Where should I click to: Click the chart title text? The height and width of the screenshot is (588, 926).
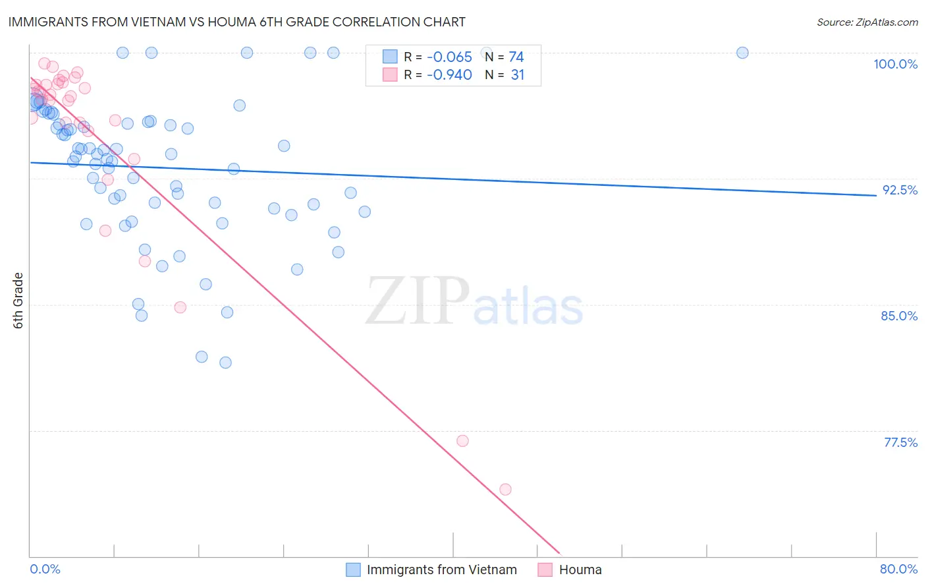(x=236, y=22)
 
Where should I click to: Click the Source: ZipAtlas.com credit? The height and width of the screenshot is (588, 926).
(x=867, y=22)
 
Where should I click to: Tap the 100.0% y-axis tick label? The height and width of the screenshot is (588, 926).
(x=895, y=64)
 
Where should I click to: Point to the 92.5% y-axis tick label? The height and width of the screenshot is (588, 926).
(x=900, y=190)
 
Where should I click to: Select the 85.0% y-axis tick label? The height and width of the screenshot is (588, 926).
(x=899, y=316)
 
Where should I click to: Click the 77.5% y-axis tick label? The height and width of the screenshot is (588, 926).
(x=900, y=442)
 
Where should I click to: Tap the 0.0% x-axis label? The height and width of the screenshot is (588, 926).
(x=45, y=569)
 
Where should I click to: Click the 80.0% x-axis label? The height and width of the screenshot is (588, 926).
(x=898, y=569)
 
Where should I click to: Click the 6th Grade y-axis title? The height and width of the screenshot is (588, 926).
(x=18, y=301)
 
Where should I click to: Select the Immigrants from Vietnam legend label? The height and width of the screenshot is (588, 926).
(x=441, y=570)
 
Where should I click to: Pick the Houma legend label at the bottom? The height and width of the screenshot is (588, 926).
(x=580, y=570)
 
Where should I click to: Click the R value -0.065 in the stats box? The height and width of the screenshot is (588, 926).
(x=449, y=57)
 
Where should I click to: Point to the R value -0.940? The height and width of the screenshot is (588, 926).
(x=449, y=75)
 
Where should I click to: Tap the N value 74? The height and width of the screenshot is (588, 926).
(x=516, y=57)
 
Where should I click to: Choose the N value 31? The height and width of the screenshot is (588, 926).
(x=518, y=75)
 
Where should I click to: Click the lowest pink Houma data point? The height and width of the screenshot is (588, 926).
(x=505, y=489)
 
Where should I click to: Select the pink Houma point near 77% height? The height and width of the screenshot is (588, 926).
(x=462, y=441)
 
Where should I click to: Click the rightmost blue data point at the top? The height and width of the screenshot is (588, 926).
(x=742, y=53)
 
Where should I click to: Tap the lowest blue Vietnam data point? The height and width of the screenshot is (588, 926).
(x=225, y=363)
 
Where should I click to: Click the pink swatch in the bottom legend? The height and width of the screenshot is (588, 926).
(x=545, y=570)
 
